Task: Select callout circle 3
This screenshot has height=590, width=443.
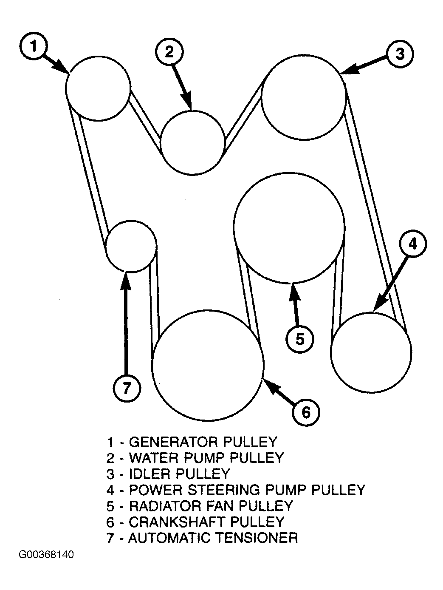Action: click(x=400, y=53)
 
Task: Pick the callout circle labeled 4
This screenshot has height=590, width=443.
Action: click(x=413, y=244)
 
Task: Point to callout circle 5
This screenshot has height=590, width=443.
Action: click(x=300, y=339)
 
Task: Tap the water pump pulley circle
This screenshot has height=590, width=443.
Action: click(x=193, y=142)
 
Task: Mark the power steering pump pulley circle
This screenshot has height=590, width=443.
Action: click(x=371, y=352)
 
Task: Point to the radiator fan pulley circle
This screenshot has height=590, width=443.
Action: click(x=289, y=227)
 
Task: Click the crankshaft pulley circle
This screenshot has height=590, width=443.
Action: click(x=208, y=366)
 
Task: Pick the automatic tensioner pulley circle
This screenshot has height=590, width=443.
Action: click(x=131, y=246)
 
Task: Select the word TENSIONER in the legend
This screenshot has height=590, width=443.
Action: click(x=257, y=538)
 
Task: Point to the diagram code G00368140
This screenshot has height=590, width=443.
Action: click(x=46, y=555)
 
